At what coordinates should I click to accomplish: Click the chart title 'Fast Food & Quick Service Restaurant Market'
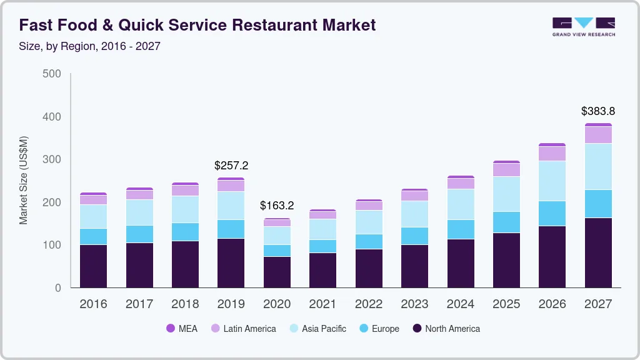(x=197, y=25)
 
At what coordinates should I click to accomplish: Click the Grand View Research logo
(x=583, y=26)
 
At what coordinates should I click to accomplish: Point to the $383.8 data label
(x=598, y=111)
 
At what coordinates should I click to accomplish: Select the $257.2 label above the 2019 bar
(x=231, y=166)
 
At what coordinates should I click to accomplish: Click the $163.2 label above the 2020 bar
(x=277, y=205)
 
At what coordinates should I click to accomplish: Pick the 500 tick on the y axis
(x=52, y=74)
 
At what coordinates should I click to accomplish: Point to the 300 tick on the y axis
(x=52, y=159)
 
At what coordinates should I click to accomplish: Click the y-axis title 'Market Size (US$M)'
(x=24, y=180)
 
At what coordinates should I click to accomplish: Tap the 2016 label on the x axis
(x=93, y=304)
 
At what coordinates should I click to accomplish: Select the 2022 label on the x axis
(x=369, y=304)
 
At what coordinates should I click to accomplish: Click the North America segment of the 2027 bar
(x=598, y=252)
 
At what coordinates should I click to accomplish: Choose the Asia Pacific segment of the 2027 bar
(x=598, y=166)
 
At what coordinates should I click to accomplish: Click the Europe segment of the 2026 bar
(x=552, y=213)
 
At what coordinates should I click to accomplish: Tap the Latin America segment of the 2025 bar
(x=506, y=170)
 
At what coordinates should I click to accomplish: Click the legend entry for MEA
(x=182, y=329)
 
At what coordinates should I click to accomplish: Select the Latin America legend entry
(x=243, y=329)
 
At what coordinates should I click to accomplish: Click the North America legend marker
(x=416, y=329)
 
